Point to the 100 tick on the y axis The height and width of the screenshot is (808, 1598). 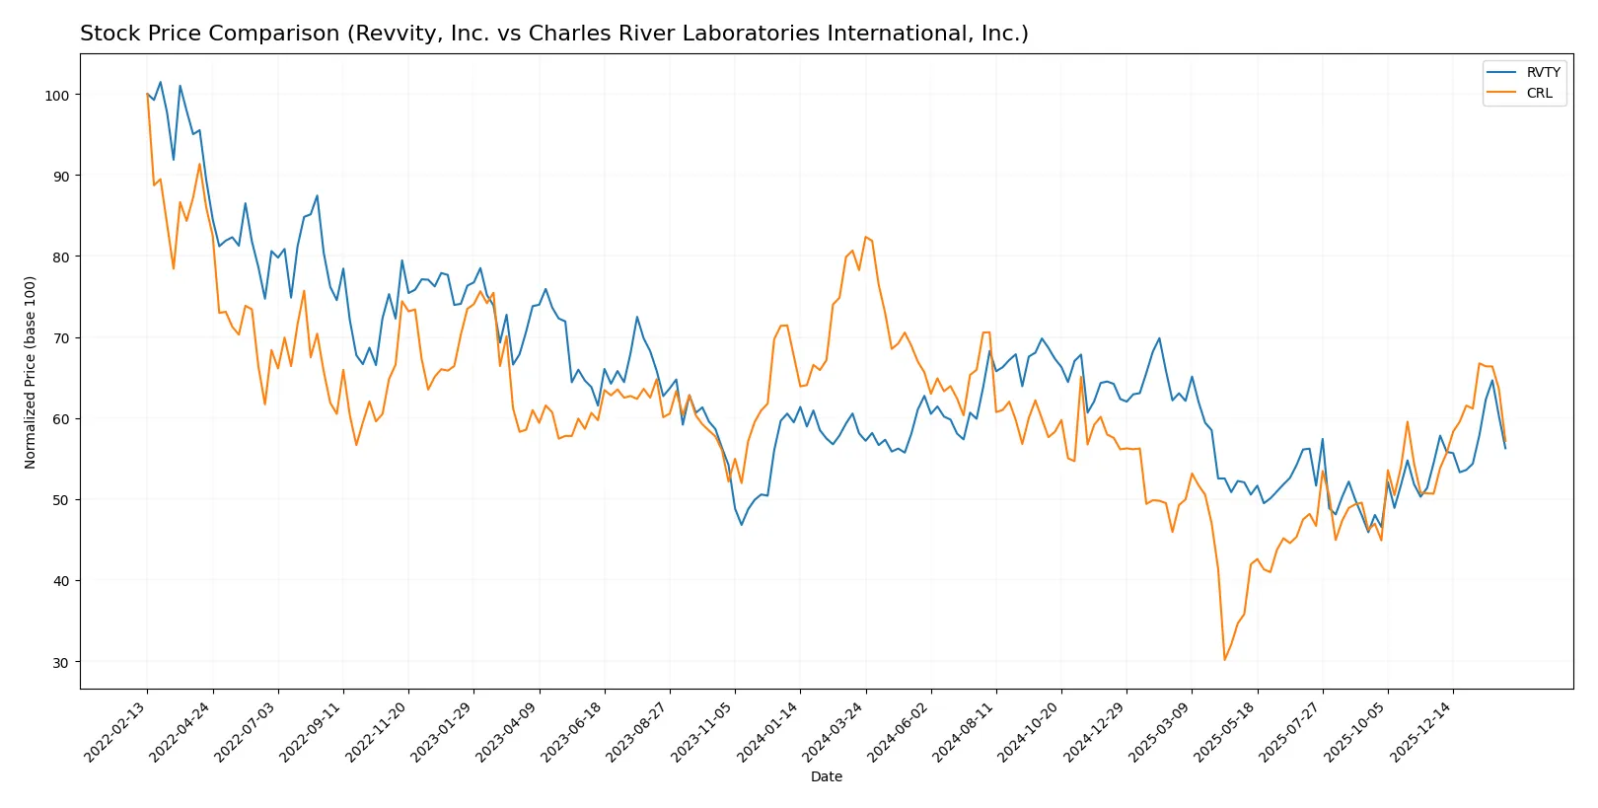click(x=57, y=96)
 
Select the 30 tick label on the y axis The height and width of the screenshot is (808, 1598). click(x=60, y=662)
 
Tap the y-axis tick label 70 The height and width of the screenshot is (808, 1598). click(x=60, y=338)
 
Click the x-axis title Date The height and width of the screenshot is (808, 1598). click(x=826, y=776)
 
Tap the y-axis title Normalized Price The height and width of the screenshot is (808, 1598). click(x=31, y=372)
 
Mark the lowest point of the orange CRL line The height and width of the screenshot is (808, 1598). click(x=1224, y=659)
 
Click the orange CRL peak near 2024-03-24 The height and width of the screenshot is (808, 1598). click(x=865, y=237)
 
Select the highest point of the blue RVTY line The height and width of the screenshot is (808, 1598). click(x=161, y=83)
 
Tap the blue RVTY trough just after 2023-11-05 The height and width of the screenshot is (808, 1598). click(x=741, y=525)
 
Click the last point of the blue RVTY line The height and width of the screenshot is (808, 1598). click(x=1505, y=449)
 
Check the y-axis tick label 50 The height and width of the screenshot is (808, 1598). click(x=60, y=500)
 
